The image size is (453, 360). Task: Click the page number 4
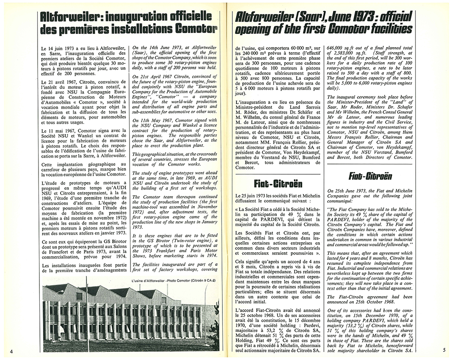pos(11,351)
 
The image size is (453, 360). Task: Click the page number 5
pos(444,350)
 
